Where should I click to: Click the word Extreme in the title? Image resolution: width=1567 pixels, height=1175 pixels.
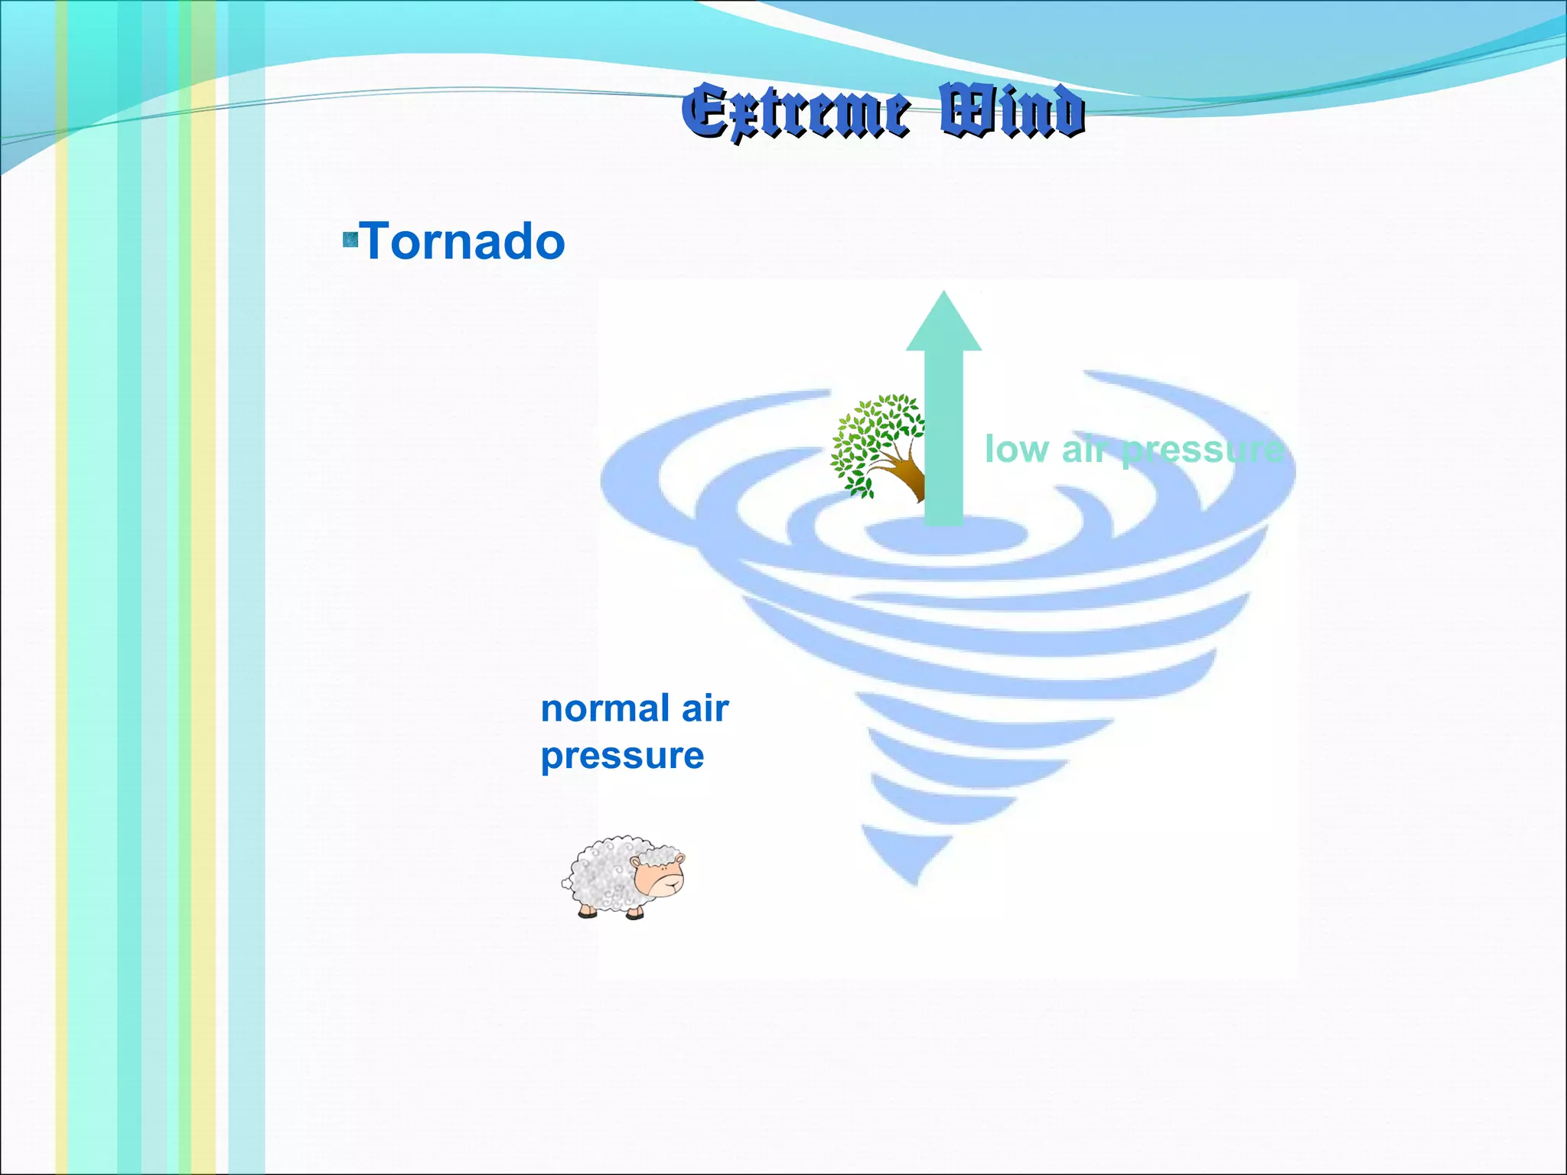pos(796,112)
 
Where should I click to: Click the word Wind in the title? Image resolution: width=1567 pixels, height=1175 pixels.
pos(1012,112)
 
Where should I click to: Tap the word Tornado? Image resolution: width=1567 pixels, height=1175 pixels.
pos(463,242)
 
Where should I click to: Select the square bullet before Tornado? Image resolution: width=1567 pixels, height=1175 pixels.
pos(350,240)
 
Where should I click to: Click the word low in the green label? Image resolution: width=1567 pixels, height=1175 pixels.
pos(1016,449)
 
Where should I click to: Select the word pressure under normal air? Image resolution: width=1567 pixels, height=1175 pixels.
pos(622,757)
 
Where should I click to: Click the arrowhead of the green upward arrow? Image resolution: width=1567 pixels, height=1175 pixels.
pos(943,325)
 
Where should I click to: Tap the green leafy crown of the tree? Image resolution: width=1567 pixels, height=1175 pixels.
pos(872,436)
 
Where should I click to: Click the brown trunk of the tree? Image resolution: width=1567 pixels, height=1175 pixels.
pos(909,478)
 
